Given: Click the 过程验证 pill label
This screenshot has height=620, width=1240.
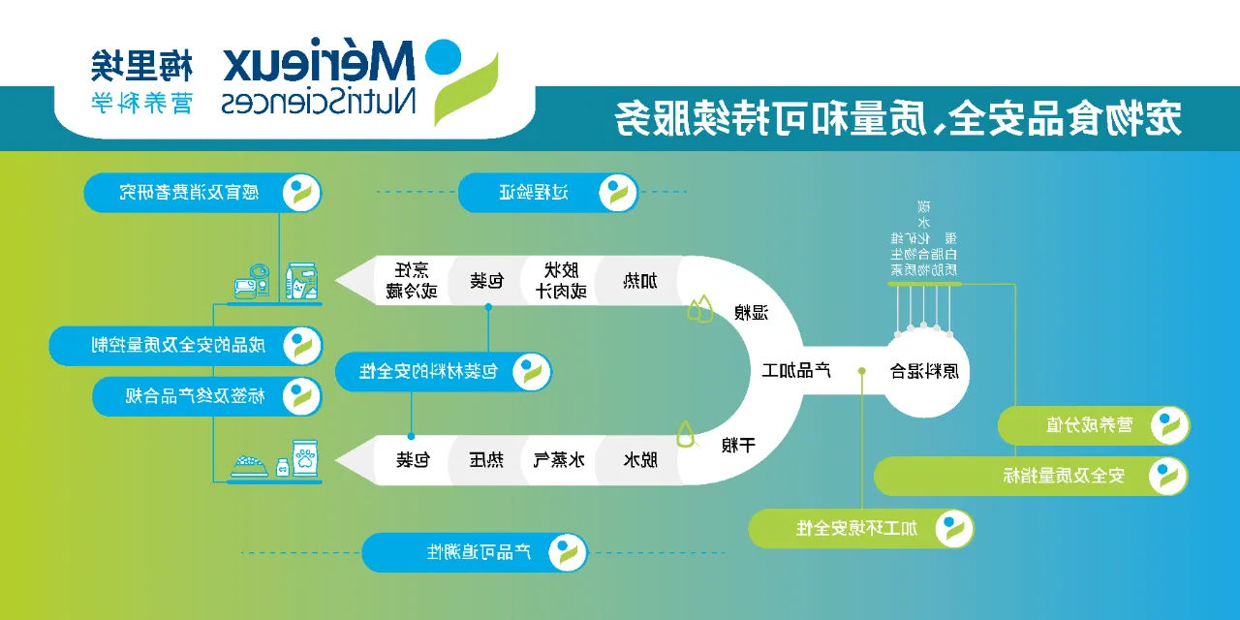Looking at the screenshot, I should click(x=547, y=192).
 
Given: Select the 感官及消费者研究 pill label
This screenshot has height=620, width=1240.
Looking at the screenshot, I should click(x=202, y=192).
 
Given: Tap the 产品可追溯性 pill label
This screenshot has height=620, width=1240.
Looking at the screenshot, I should click(x=475, y=552).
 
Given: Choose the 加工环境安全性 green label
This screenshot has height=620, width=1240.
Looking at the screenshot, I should click(x=860, y=528).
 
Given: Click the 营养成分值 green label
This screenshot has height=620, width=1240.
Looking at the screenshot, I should click(x=1093, y=424).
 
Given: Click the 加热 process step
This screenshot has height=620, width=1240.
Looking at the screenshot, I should click(x=638, y=282).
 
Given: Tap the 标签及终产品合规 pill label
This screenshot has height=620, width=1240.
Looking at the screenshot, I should click(x=207, y=396).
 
